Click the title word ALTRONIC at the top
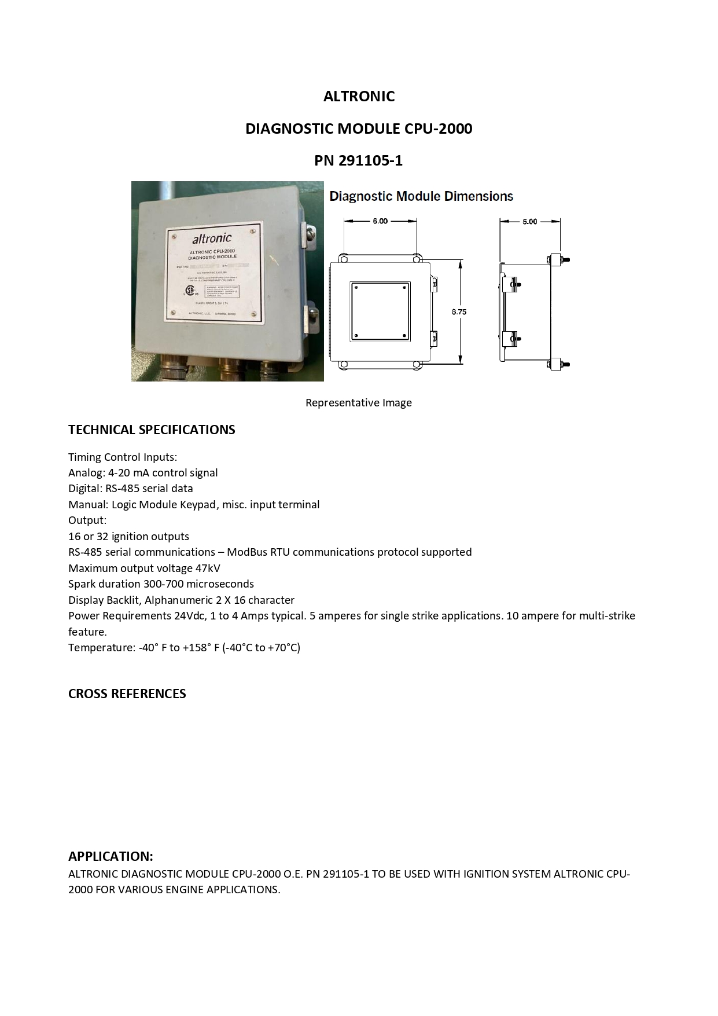tap(359, 96)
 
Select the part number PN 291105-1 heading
tap(358, 160)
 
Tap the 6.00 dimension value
tap(380, 221)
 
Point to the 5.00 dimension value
tap(529, 221)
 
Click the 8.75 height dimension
tap(459, 312)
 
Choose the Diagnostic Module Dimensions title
tap(421, 197)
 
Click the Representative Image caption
tap(358, 402)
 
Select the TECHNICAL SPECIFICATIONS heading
tap(152, 430)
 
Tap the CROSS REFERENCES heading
tap(127, 694)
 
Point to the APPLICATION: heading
tap(111, 856)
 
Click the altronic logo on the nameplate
tap(212, 239)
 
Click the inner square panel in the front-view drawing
tap(380, 311)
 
